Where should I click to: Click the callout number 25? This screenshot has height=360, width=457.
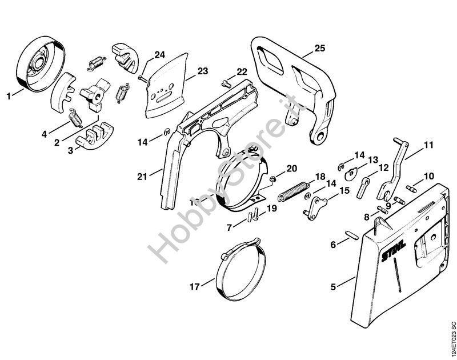coord(320,49)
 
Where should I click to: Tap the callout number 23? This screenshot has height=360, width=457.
coord(203,71)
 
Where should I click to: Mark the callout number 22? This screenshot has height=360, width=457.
coord(242,71)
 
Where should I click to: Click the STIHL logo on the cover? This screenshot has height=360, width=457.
coord(394,251)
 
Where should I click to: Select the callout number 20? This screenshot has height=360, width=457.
coord(292,168)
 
